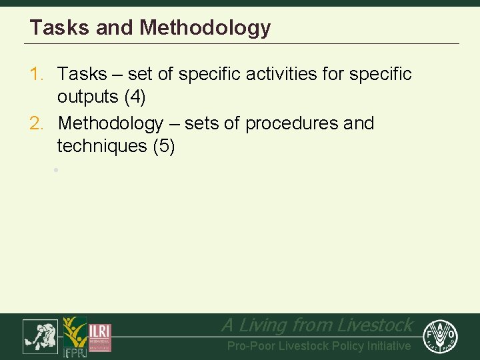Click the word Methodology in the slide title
coord(205,28)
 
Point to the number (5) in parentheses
coord(164,146)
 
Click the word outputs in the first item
coord(87,97)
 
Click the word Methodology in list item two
coord(111,123)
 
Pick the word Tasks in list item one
coord(82,74)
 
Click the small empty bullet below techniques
coord(57,171)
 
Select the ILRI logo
coord(100,337)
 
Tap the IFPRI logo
coord(75,337)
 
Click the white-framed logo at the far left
coord(41,336)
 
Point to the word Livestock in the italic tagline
coord(375,325)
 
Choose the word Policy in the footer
coord(349,346)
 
